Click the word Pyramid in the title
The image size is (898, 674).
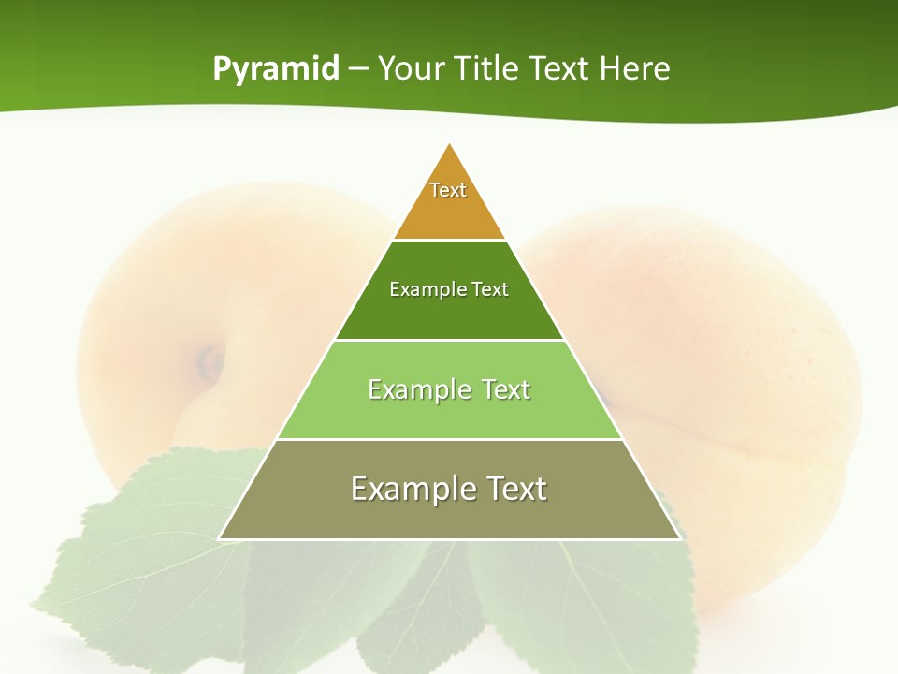point(276,68)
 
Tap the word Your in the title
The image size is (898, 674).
point(413,68)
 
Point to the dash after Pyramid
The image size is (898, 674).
point(358,69)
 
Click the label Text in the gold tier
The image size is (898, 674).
point(448,190)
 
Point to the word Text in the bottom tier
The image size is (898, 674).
point(514,489)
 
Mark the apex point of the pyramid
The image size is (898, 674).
point(450,144)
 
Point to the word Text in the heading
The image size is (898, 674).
point(559,68)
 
